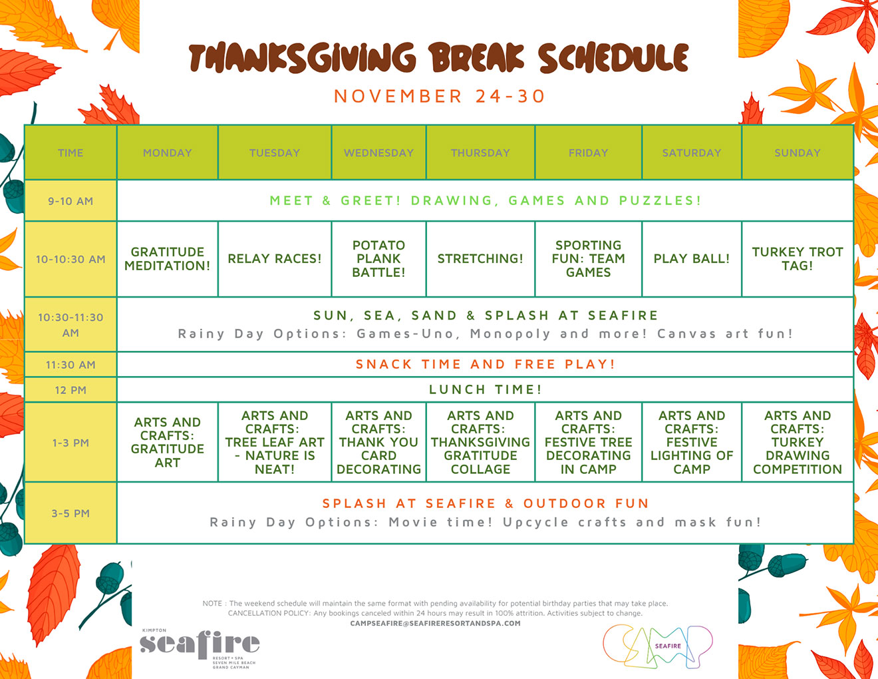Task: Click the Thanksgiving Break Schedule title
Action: pos(438,58)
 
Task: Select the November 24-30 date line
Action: pos(439,97)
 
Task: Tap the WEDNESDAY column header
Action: pos(378,152)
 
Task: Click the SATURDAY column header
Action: pos(691,152)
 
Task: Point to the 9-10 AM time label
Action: pos(71,201)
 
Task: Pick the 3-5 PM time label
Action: pos(71,513)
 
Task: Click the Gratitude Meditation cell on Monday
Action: pos(167,259)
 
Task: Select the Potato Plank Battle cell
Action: pos(378,259)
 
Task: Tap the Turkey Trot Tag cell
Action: pos(797,259)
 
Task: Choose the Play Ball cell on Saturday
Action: pos(691,259)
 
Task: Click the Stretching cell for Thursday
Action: pos(480,259)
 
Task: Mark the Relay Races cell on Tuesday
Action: pos(274,259)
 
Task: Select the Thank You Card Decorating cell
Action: pos(378,442)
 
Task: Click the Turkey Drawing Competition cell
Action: pos(797,442)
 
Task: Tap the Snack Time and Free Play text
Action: pos(485,364)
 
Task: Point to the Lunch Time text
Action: pos(485,389)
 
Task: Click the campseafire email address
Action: pos(435,624)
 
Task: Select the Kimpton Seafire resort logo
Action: pos(200,646)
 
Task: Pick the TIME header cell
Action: pos(71,152)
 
